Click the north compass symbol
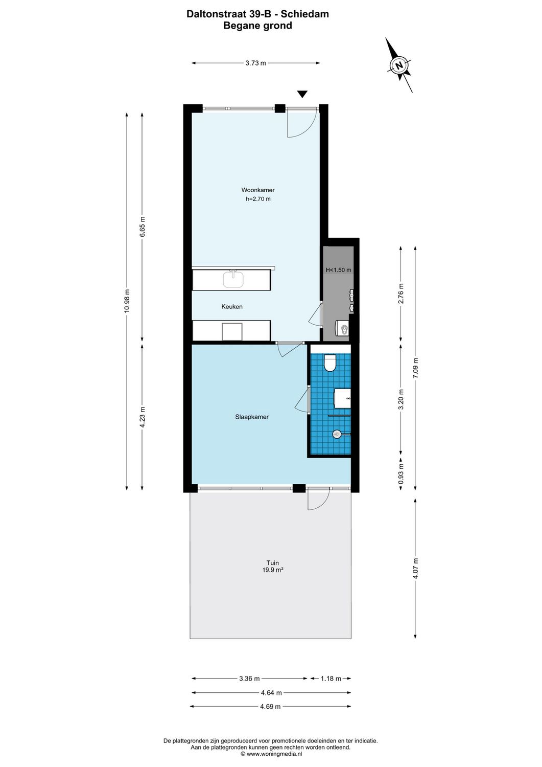click(399, 65)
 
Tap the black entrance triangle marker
click(302, 94)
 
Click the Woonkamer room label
click(258, 190)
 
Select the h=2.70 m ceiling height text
click(258, 199)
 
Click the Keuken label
click(232, 307)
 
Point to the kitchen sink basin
click(233, 279)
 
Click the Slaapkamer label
click(252, 417)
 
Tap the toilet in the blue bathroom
click(330, 363)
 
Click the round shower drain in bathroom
click(337, 434)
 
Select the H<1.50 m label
click(338, 270)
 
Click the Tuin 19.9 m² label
click(273, 566)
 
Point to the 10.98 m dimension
click(127, 303)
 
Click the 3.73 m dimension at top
click(255, 63)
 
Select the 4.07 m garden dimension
click(416, 569)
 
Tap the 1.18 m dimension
click(331, 679)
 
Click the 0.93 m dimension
click(401, 473)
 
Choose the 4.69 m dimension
click(270, 707)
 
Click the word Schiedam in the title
click(305, 14)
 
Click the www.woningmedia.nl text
click(274, 754)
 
